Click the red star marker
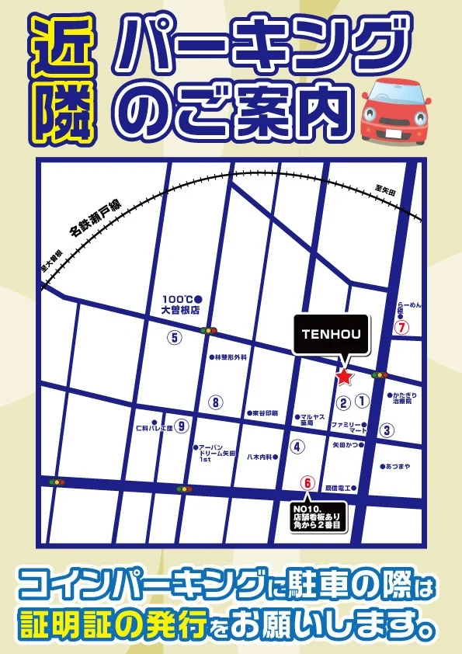pos(343,377)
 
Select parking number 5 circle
pos(174,337)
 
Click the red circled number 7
pos(401,327)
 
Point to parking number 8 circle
pos(215,402)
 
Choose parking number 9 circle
pos(182,426)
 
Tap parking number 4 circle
pos(296,447)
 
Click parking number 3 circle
pos(387,430)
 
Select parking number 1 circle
pos(361,402)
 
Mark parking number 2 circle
pos(342,402)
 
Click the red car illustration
pos(396,113)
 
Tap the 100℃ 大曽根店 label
pos(180,304)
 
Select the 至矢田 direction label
pos(385,190)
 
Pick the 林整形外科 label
pos(229,357)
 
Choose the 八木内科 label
pos(259,457)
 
